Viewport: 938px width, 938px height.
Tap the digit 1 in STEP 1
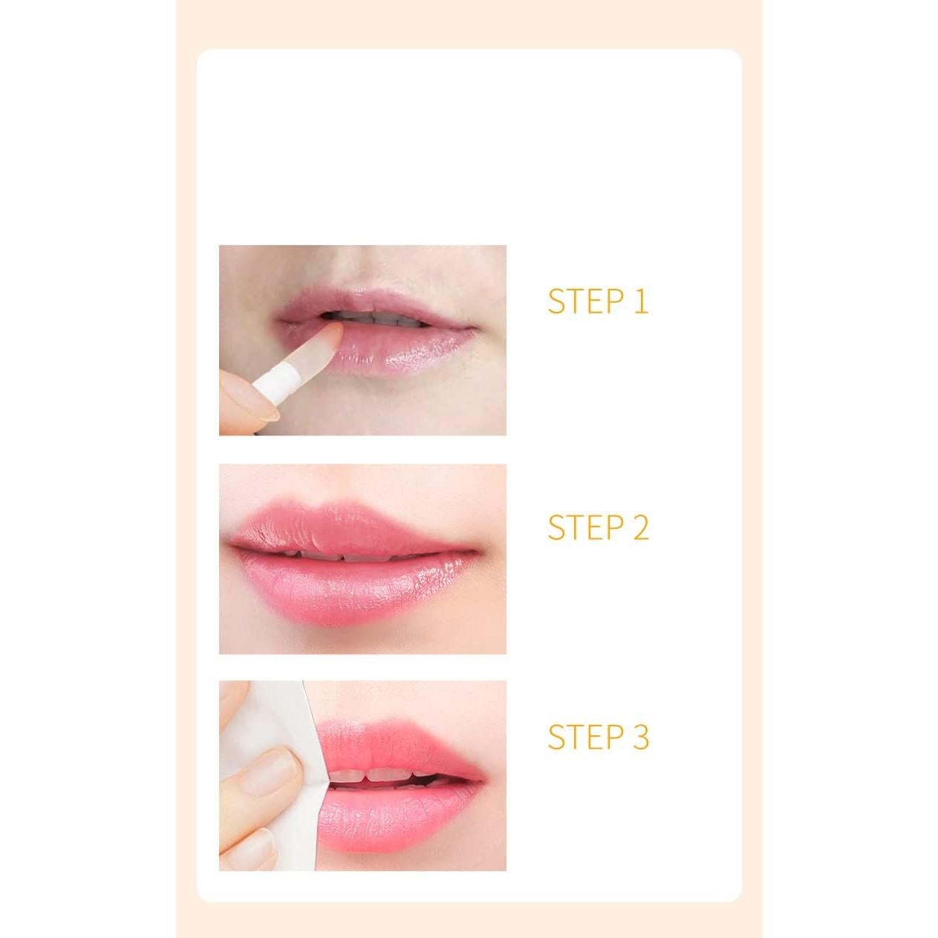(640, 302)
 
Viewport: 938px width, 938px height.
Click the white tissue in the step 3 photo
(267, 713)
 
